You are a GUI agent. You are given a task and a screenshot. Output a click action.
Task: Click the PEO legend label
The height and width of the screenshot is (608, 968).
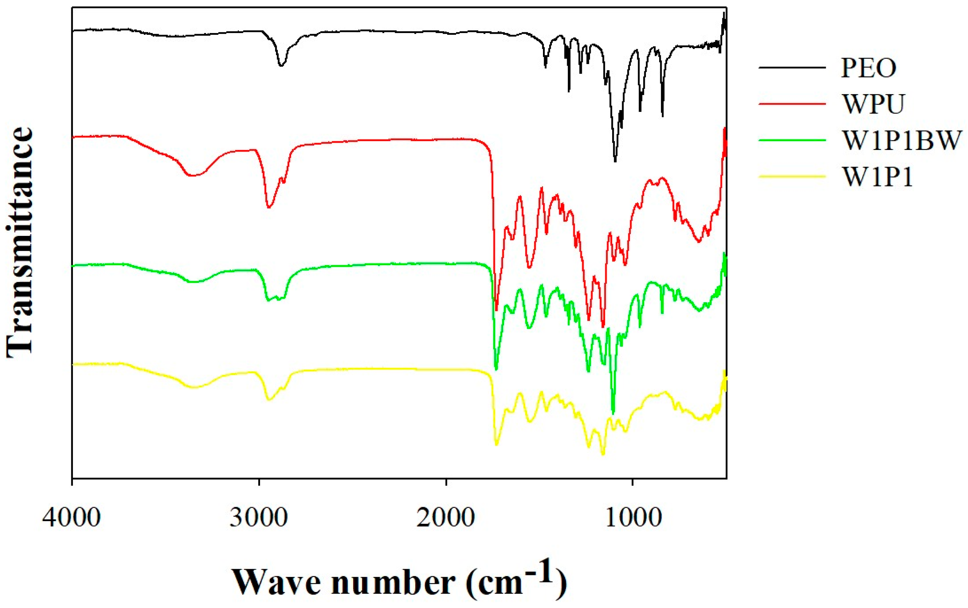[x=868, y=68]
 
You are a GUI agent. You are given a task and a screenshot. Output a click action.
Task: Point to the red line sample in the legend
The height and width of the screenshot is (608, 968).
[x=792, y=104]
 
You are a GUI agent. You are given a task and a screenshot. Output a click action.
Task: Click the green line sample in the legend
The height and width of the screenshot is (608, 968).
[x=792, y=140]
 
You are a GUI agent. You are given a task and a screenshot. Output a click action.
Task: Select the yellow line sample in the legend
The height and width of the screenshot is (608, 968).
[x=792, y=177]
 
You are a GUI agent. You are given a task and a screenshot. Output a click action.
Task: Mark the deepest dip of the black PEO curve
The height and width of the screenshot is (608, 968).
[x=615, y=161]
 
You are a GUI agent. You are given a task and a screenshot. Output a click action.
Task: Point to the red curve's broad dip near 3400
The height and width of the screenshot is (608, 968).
[x=192, y=176]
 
